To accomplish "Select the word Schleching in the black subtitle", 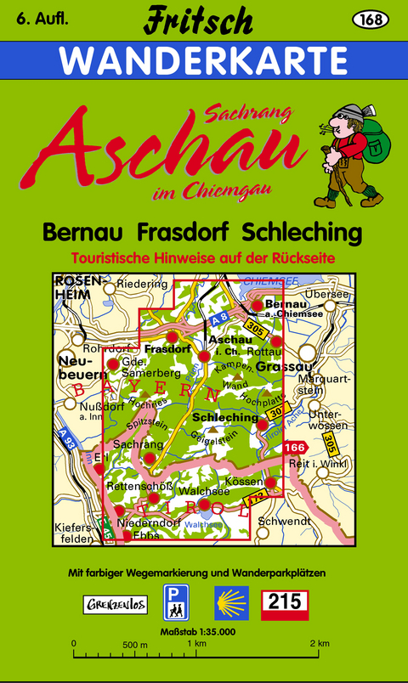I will tap(302, 232).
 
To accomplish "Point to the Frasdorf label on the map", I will tap(167, 348).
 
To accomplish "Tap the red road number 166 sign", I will tap(295, 446).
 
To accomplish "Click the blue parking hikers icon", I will tap(177, 604).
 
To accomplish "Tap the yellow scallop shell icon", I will tap(230, 604).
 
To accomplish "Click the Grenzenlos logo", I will tap(115, 605).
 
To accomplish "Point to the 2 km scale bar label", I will tap(319, 642).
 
